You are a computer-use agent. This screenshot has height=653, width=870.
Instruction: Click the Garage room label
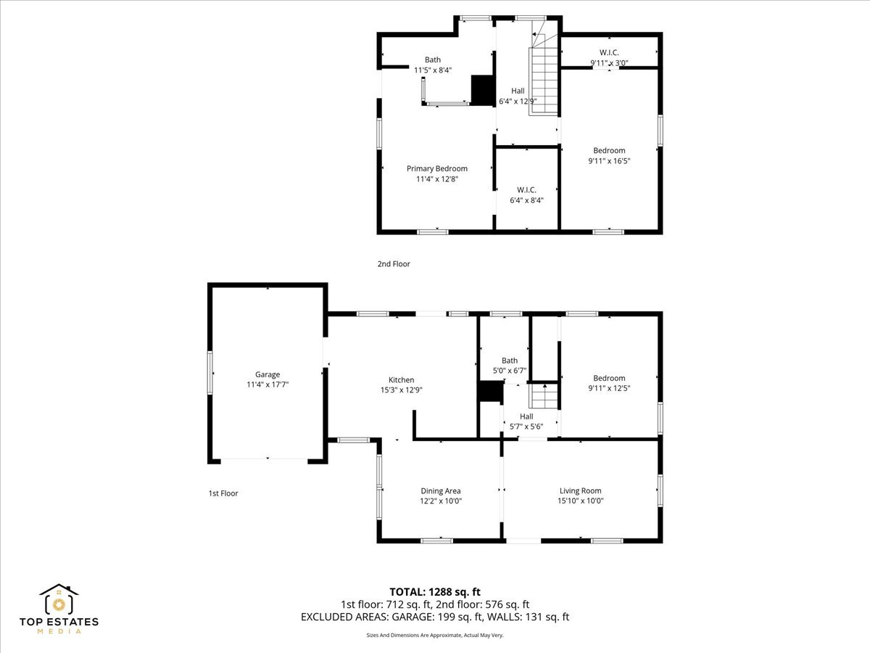[268, 374]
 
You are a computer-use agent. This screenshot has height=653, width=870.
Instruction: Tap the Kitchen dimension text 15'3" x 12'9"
[401, 390]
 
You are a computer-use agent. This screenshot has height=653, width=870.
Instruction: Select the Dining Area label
[441, 490]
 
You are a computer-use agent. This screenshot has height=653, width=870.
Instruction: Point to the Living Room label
[580, 490]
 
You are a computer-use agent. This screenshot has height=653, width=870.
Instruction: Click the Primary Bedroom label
[436, 168]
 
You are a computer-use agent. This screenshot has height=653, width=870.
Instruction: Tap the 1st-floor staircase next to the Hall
[544, 397]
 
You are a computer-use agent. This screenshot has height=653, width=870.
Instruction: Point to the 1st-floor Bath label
[510, 361]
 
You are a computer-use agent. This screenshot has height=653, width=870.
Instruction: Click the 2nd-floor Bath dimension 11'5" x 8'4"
[433, 70]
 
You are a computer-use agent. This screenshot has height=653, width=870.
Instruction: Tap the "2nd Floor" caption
[394, 264]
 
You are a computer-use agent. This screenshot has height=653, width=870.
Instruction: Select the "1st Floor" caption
[223, 493]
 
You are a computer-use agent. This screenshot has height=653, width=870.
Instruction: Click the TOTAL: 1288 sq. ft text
[435, 592]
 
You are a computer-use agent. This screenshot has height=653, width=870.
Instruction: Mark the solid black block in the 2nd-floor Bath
[481, 90]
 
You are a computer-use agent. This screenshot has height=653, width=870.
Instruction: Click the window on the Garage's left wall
[210, 373]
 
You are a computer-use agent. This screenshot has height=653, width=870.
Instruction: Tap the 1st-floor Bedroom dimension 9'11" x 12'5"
[609, 388]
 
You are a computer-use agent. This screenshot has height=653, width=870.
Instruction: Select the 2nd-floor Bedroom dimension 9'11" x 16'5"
[609, 161]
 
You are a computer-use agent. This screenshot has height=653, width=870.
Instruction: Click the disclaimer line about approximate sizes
[435, 635]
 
